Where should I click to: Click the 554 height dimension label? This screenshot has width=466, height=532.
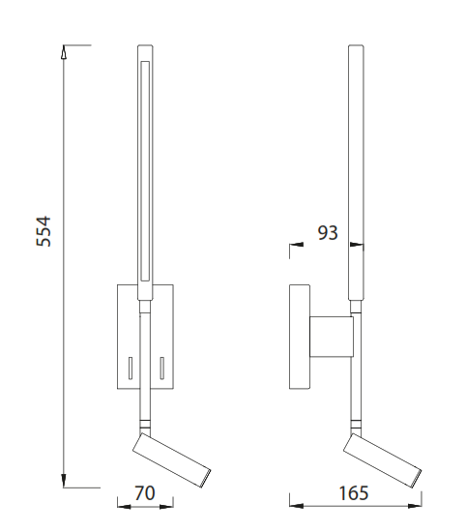(44, 231)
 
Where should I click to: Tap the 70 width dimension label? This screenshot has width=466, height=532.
(145, 493)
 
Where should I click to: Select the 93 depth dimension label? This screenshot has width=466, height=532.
(328, 233)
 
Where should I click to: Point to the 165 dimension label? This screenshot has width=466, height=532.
(354, 493)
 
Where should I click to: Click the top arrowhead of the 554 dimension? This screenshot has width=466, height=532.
(64, 52)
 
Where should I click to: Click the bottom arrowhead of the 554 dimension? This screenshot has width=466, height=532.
(64, 481)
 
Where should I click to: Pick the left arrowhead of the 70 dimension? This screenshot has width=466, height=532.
(124, 507)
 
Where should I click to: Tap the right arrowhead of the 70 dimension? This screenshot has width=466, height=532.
(166, 507)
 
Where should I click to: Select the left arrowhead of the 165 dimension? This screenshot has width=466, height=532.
(297, 506)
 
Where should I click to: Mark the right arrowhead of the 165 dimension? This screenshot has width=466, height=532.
(415, 506)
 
